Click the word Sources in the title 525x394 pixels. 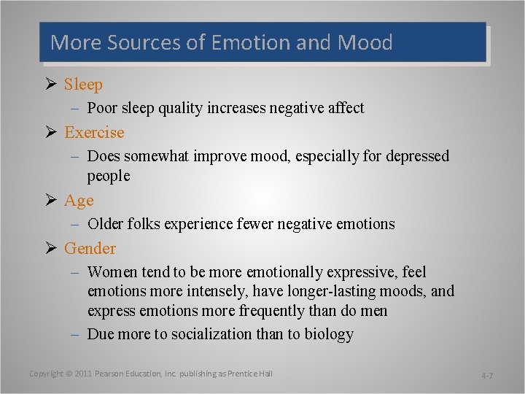[144, 42]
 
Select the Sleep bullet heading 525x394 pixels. [83, 85]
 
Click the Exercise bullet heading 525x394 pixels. [94, 133]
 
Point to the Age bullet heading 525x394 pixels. [79, 200]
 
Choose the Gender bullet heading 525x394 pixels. [90, 248]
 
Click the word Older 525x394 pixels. [105, 224]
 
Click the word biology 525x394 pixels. [327, 335]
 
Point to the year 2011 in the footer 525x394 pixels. [83, 374]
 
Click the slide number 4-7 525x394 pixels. [487, 375]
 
